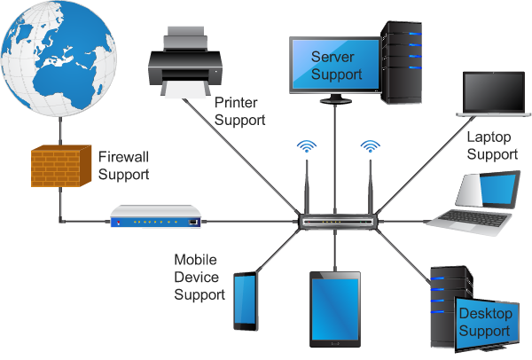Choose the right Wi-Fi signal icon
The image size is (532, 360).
[368, 145]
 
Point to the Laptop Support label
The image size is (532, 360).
[491, 145]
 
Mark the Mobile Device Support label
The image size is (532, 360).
[199, 278]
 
